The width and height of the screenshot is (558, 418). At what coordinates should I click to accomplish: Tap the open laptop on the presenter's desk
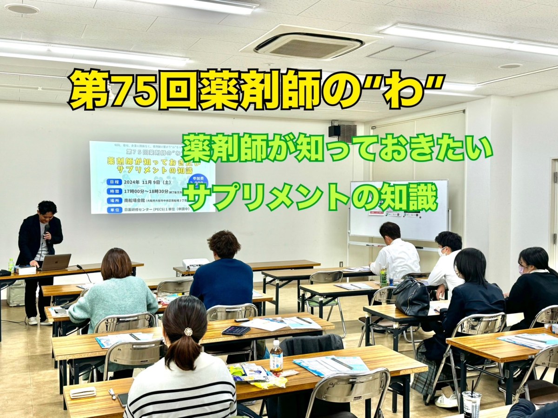(x=55, y=262)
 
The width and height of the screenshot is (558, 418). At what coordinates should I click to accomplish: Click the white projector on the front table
(x=195, y=264)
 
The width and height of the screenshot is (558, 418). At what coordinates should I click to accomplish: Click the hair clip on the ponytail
(x=188, y=332)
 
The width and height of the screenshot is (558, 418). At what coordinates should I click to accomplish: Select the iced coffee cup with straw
(x=471, y=403)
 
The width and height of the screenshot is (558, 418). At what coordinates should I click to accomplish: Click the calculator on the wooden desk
(x=236, y=330)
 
